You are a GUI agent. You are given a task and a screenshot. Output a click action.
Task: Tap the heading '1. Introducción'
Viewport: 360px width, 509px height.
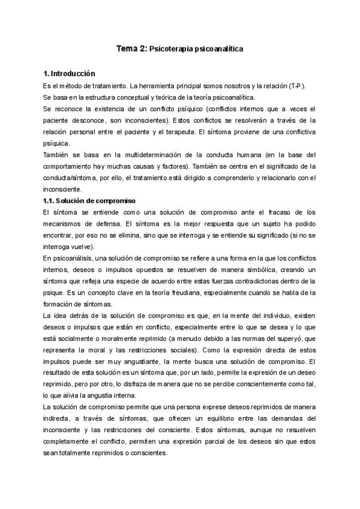(65, 74)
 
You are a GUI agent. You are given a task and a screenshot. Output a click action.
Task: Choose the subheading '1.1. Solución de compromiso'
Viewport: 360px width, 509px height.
(86, 200)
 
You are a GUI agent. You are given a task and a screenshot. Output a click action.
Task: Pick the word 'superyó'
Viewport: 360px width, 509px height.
(287, 338)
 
